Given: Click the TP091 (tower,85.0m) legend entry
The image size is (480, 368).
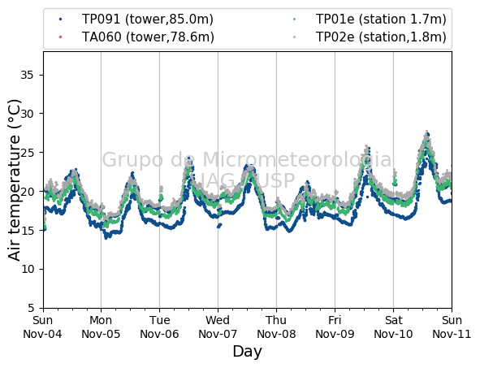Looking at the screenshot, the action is [148, 19].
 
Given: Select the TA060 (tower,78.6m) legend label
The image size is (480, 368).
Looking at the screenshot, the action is [148, 37].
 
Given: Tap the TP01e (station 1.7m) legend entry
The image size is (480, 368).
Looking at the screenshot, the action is [381, 19].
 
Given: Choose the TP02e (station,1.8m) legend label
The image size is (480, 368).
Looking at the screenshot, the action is [381, 37].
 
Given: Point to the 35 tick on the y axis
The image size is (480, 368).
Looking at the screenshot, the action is [28, 75].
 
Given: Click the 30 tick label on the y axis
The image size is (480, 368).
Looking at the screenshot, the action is [28, 114].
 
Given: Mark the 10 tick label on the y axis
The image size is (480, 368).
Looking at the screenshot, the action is [28, 269].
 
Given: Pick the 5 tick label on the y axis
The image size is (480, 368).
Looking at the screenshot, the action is [31, 308].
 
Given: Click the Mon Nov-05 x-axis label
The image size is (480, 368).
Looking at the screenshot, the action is [101, 327].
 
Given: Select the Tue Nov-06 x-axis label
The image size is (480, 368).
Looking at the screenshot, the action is [159, 327].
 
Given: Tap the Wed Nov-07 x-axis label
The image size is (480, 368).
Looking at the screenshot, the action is [218, 327].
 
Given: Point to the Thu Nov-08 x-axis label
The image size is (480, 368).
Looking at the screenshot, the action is [276, 327].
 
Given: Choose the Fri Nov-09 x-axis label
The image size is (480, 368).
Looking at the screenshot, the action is [335, 327].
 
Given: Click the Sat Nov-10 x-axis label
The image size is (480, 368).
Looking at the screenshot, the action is [393, 327].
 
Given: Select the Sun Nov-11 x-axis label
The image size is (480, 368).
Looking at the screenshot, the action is [452, 327].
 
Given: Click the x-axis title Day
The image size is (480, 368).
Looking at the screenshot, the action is [248, 352].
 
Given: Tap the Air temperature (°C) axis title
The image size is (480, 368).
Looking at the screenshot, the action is [14, 180].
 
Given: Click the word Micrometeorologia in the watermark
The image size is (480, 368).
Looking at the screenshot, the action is [297, 159].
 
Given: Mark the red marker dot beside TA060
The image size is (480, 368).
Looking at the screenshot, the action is [60, 37].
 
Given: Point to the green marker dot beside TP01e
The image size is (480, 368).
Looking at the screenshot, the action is [294, 19].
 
